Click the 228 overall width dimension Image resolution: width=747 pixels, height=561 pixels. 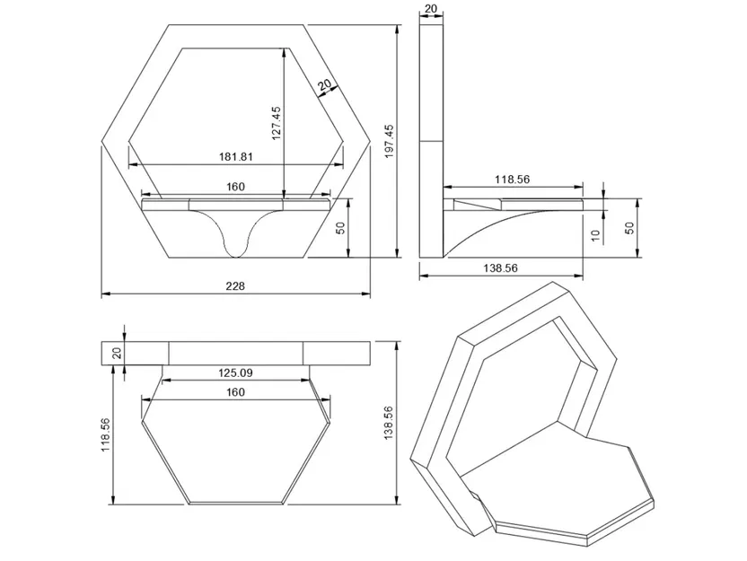coord(235,286)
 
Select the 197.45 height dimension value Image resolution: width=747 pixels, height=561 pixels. coord(389,140)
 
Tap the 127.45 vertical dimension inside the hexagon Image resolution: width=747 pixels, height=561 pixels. coord(277,123)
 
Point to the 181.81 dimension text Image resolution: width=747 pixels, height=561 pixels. coord(235,156)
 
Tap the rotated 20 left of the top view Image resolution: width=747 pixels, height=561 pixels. coord(116,353)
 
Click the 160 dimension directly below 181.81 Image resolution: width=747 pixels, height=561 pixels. coord(235,187)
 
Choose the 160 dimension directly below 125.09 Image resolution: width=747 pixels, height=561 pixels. coord(235,392)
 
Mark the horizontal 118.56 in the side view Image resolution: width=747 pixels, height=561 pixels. coord(512,180)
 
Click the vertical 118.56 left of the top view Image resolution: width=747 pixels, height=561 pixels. coord(105,435)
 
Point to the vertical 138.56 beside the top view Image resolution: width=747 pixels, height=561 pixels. coord(389,423)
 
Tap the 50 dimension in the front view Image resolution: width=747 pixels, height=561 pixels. coord(340,227)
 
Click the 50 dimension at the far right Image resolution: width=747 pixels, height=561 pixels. coord(629,229)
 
